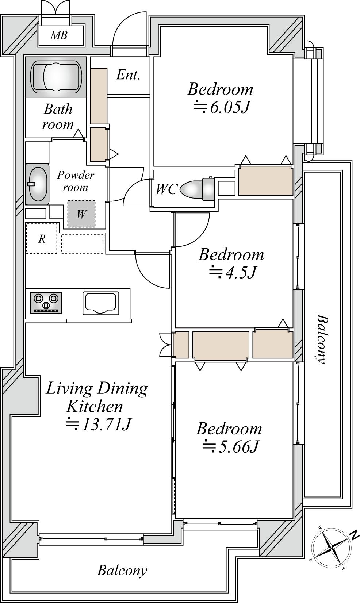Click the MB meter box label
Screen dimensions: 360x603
click(x=59, y=35)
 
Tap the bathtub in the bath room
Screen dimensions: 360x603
click(x=56, y=77)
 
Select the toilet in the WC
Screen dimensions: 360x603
click(x=198, y=189)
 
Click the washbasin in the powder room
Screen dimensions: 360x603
click(x=38, y=184)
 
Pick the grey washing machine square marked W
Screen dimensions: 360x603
click(x=81, y=214)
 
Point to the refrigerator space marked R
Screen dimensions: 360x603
click(x=42, y=238)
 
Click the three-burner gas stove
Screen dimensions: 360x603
click(x=46, y=303)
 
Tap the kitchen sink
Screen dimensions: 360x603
click(x=101, y=303)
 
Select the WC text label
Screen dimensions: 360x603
click(x=166, y=189)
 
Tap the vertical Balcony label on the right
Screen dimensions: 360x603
click(x=322, y=339)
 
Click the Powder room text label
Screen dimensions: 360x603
click(x=76, y=181)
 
